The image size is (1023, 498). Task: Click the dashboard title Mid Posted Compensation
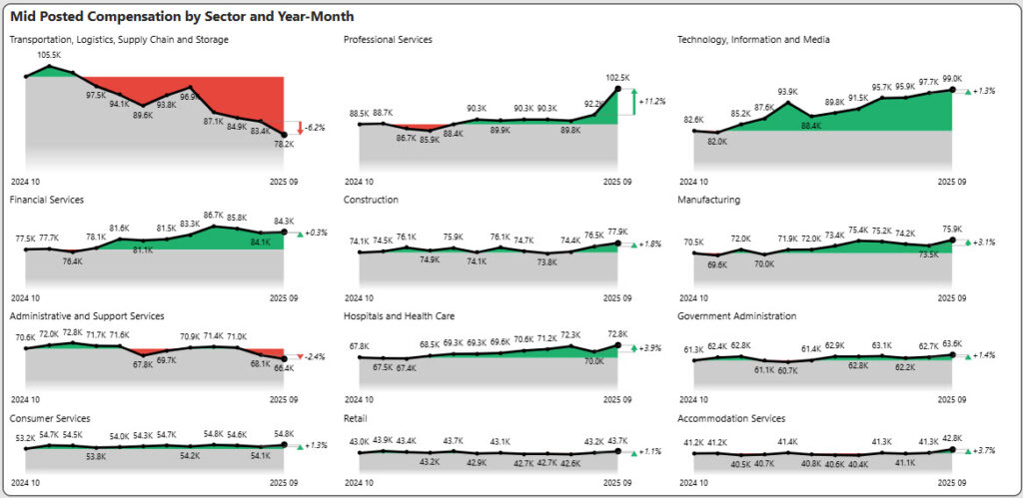pyautogui.click(x=181, y=17)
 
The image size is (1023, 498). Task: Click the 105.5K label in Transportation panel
pyautogui.click(x=49, y=56)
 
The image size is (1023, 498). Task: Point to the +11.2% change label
pyautogui.click(x=654, y=102)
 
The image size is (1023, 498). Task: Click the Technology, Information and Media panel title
pyautogui.click(x=753, y=40)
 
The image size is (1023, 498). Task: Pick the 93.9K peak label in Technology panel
pyautogui.click(x=788, y=91)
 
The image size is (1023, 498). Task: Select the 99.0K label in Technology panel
pyautogui.click(x=951, y=78)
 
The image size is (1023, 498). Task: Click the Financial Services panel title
pyautogui.click(x=46, y=200)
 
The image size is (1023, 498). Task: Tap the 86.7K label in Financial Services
pyautogui.click(x=212, y=215)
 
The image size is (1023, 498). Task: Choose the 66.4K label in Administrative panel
pyautogui.click(x=284, y=368)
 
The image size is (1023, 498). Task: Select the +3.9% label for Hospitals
pyautogui.click(x=651, y=348)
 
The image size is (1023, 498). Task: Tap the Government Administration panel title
pyautogui.click(x=736, y=316)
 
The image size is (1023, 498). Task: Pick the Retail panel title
pyautogui.click(x=356, y=418)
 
